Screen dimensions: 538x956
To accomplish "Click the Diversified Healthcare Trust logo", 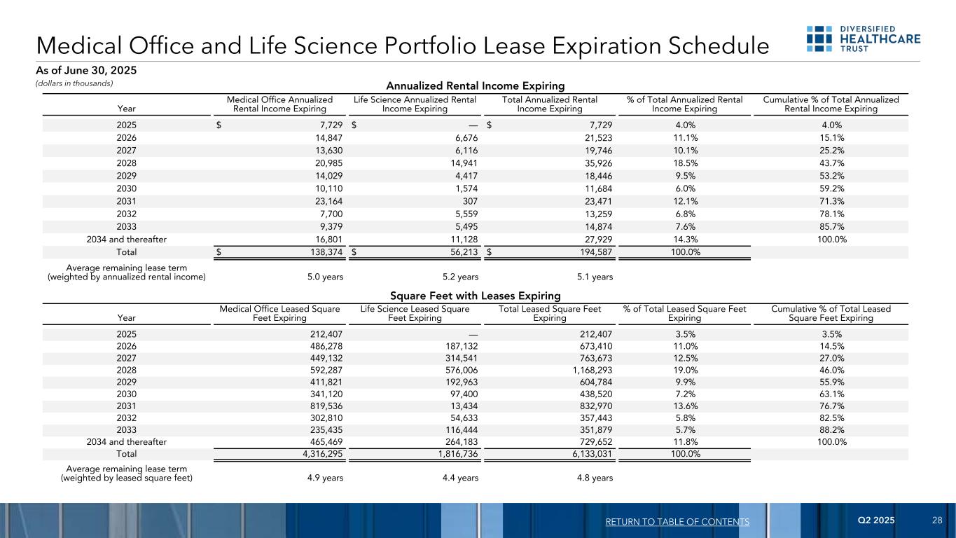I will coord(863,39).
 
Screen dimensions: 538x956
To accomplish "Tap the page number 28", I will coord(937,521).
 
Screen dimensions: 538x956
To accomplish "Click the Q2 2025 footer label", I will coord(876,521).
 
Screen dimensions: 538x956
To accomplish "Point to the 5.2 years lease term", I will coord(460,277).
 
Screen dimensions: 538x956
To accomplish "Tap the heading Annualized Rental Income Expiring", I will coord(476,86).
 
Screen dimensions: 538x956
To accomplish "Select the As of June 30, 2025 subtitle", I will coord(86,71).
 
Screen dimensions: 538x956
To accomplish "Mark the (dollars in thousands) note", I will coord(75,83).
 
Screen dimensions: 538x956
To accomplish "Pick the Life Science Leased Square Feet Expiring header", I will coord(415,313).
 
